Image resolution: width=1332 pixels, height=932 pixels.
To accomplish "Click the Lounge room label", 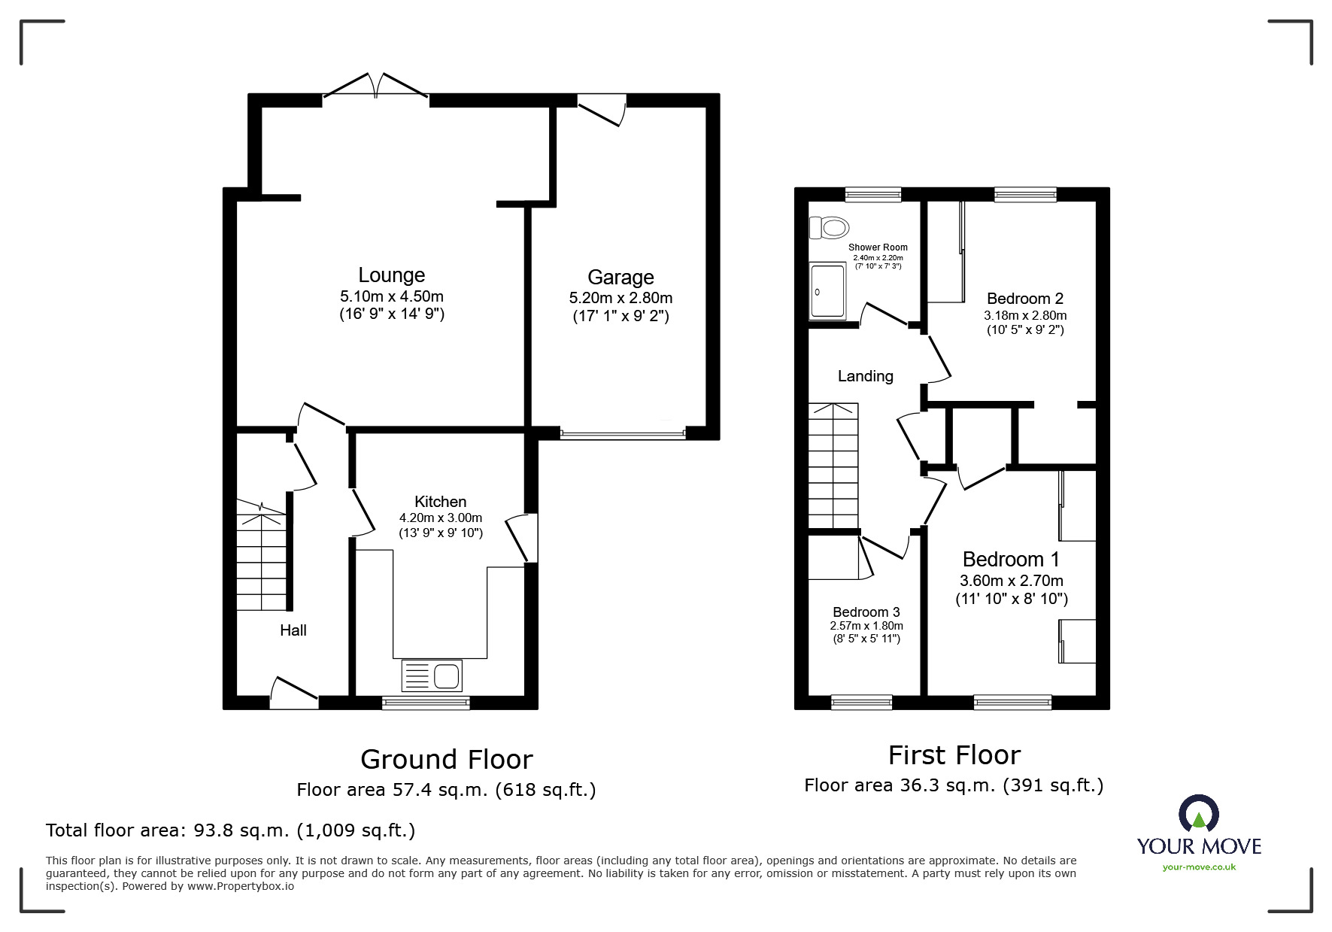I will (391, 275).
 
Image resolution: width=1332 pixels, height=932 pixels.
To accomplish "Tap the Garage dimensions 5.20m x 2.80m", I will (620, 298).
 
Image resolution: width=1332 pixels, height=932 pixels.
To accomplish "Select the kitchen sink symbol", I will (432, 675).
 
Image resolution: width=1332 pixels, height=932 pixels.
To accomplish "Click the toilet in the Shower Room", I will (829, 226).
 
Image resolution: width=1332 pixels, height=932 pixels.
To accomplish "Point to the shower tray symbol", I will (827, 291).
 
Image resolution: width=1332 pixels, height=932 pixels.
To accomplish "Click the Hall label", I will (293, 630).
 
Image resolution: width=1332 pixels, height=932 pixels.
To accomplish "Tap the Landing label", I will (865, 376).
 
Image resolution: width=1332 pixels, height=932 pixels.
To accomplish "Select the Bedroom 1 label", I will (1011, 560).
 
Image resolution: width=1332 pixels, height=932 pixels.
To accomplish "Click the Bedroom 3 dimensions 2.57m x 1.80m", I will (866, 626).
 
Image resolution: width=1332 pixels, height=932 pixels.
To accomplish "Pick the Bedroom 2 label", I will (1024, 299).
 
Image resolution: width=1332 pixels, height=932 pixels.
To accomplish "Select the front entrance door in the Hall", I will (294, 694).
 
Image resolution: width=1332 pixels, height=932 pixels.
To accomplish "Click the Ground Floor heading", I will (446, 760).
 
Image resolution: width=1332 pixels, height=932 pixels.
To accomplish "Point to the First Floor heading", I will (954, 755).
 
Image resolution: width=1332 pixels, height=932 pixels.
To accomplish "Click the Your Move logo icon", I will (1198, 814).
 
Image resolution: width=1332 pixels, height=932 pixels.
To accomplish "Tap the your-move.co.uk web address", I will (1199, 867).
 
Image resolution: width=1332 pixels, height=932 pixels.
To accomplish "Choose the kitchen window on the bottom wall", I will (426, 703).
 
